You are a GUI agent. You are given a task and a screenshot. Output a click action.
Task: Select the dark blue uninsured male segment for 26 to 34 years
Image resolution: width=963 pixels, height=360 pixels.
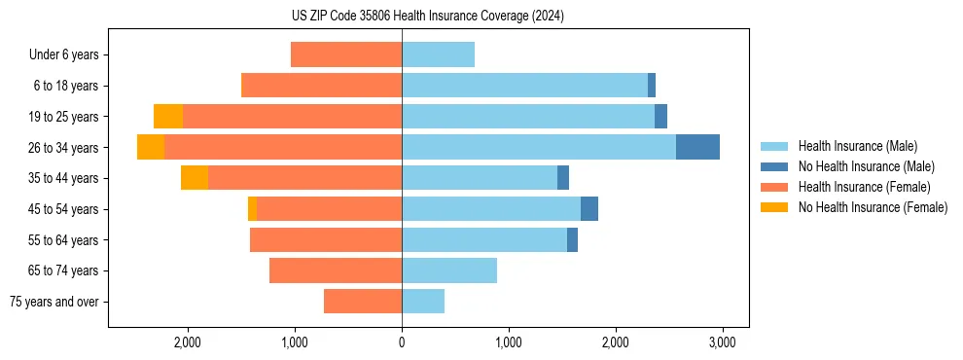click(x=697, y=147)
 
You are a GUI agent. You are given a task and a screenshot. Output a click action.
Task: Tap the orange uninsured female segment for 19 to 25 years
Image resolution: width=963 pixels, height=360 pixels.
click(x=168, y=117)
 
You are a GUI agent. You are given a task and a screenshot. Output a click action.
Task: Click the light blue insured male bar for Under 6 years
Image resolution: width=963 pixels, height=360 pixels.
click(x=438, y=54)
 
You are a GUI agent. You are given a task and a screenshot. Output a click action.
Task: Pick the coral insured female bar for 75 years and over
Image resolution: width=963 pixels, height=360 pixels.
click(x=363, y=302)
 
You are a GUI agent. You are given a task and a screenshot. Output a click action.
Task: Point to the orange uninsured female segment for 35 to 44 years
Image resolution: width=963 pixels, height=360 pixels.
click(x=195, y=178)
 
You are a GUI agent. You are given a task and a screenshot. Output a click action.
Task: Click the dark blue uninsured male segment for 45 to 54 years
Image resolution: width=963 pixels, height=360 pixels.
click(x=589, y=209)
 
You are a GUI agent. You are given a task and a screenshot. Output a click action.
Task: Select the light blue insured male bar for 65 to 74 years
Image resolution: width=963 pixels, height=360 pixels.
click(x=449, y=270)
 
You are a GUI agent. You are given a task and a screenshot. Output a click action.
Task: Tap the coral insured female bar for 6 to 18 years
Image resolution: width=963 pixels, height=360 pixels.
click(x=321, y=86)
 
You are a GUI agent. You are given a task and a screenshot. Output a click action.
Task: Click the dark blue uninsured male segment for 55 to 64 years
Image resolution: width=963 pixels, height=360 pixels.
click(x=572, y=239)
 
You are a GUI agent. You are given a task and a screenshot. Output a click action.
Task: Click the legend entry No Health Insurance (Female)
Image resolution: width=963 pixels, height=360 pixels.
click(x=873, y=207)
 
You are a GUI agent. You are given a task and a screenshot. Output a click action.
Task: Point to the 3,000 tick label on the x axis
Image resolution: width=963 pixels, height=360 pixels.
click(x=721, y=342)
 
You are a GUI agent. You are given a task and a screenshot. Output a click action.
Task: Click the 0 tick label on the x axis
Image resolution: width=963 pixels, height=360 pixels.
click(x=402, y=342)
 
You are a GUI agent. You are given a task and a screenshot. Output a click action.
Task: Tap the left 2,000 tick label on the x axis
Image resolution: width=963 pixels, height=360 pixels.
click(x=187, y=342)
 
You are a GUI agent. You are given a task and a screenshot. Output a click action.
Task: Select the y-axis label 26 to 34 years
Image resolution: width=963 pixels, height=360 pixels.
click(x=64, y=148)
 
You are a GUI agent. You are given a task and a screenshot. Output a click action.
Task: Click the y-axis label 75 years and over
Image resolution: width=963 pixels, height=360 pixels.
click(x=54, y=302)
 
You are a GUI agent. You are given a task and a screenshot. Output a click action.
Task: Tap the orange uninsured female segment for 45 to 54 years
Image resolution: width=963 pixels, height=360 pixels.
click(x=253, y=209)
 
